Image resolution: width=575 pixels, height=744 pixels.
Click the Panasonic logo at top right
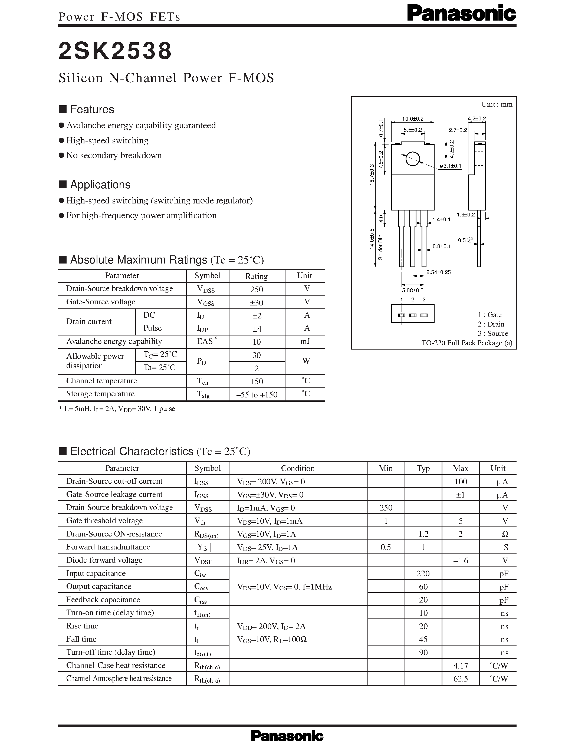(x=461, y=14)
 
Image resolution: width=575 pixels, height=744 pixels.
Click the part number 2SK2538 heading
(x=115, y=51)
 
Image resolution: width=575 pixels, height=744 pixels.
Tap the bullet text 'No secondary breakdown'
(x=114, y=155)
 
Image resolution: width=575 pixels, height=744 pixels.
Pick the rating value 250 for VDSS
(x=257, y=289)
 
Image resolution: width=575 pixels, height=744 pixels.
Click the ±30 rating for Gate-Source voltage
(x=257, y=302)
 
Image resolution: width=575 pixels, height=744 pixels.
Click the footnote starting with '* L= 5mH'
(x=117, y=409)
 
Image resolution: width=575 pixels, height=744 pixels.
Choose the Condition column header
(x=298, y=468)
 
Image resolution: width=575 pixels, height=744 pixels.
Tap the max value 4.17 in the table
(x=461, y=665)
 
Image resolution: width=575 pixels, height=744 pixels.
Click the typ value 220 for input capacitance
(x=423, y=573)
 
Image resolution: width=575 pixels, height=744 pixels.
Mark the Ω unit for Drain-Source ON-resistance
(x=505, y=534)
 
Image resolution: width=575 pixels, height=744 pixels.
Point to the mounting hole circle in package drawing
(x=413, y=159)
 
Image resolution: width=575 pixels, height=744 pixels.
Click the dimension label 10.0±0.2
(x=413, y=118)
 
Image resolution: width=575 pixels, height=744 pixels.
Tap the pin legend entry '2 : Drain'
(x=491, y=324)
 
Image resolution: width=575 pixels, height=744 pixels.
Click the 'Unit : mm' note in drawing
(x=497, y=104)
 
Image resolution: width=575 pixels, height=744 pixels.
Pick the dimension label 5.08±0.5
(x=413, y=290)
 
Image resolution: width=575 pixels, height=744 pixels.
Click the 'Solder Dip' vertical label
(x=381, y=247)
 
